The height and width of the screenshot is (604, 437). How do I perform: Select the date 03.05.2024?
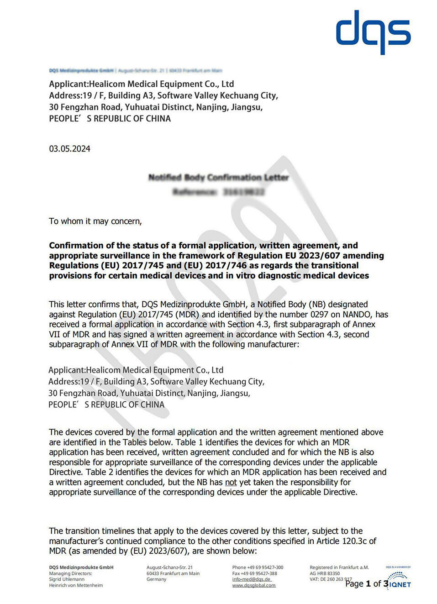(x=70, y=149)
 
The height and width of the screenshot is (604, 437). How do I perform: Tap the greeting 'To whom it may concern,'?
(x=95, y=221)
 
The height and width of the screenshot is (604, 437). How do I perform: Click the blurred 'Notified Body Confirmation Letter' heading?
(x=218, y=177)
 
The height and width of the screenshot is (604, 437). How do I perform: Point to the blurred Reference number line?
(x=218, y=192)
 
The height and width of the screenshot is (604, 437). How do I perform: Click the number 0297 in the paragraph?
(x=319, y=315)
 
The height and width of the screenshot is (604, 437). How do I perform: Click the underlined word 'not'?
(x=231, y=483)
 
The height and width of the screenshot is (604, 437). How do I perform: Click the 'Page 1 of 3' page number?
(x=367, y=583)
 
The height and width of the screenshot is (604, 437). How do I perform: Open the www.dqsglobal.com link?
(x=253, y=585)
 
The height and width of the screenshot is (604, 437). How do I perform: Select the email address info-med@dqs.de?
(x=252, y=579)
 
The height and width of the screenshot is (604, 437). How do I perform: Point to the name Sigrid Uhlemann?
(x=67, y=579)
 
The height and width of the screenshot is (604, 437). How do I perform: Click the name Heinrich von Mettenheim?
(x=76, y=585)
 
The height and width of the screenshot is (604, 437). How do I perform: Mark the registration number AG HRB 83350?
(x=325, y=573)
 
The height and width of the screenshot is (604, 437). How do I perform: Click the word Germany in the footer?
(x=156, y=579)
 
